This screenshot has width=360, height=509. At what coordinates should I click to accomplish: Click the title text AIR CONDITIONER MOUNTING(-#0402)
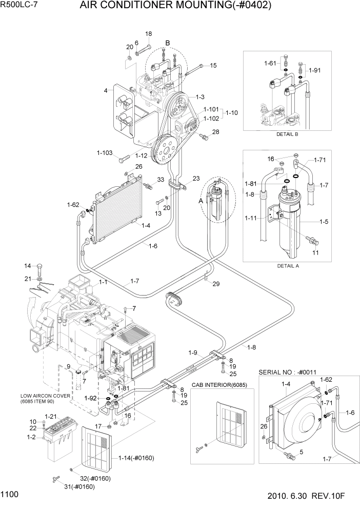pyautogui.click(x=175, y=6)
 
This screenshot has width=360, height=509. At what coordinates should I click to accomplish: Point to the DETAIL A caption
pyautogui.click(x=288, y=266)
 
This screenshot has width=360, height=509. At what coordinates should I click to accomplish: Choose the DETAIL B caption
pyautogui.click(x=287, y=134)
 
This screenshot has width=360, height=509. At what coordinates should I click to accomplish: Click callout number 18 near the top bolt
pyautogui.click(x=148, y=34)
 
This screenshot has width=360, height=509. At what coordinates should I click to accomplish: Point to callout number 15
pyautogui.click(x=213, y=65)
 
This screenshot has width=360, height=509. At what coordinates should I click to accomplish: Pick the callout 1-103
pyautogui.click(x=105, y=152)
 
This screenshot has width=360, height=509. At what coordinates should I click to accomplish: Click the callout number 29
pyautogui.click(x=216, y=284)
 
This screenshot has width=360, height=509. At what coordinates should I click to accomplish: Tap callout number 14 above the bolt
pyautogui.click(x=28, y=265)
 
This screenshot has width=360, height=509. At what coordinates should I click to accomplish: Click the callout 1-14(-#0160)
pyautogui.click(x=136, y=458)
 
